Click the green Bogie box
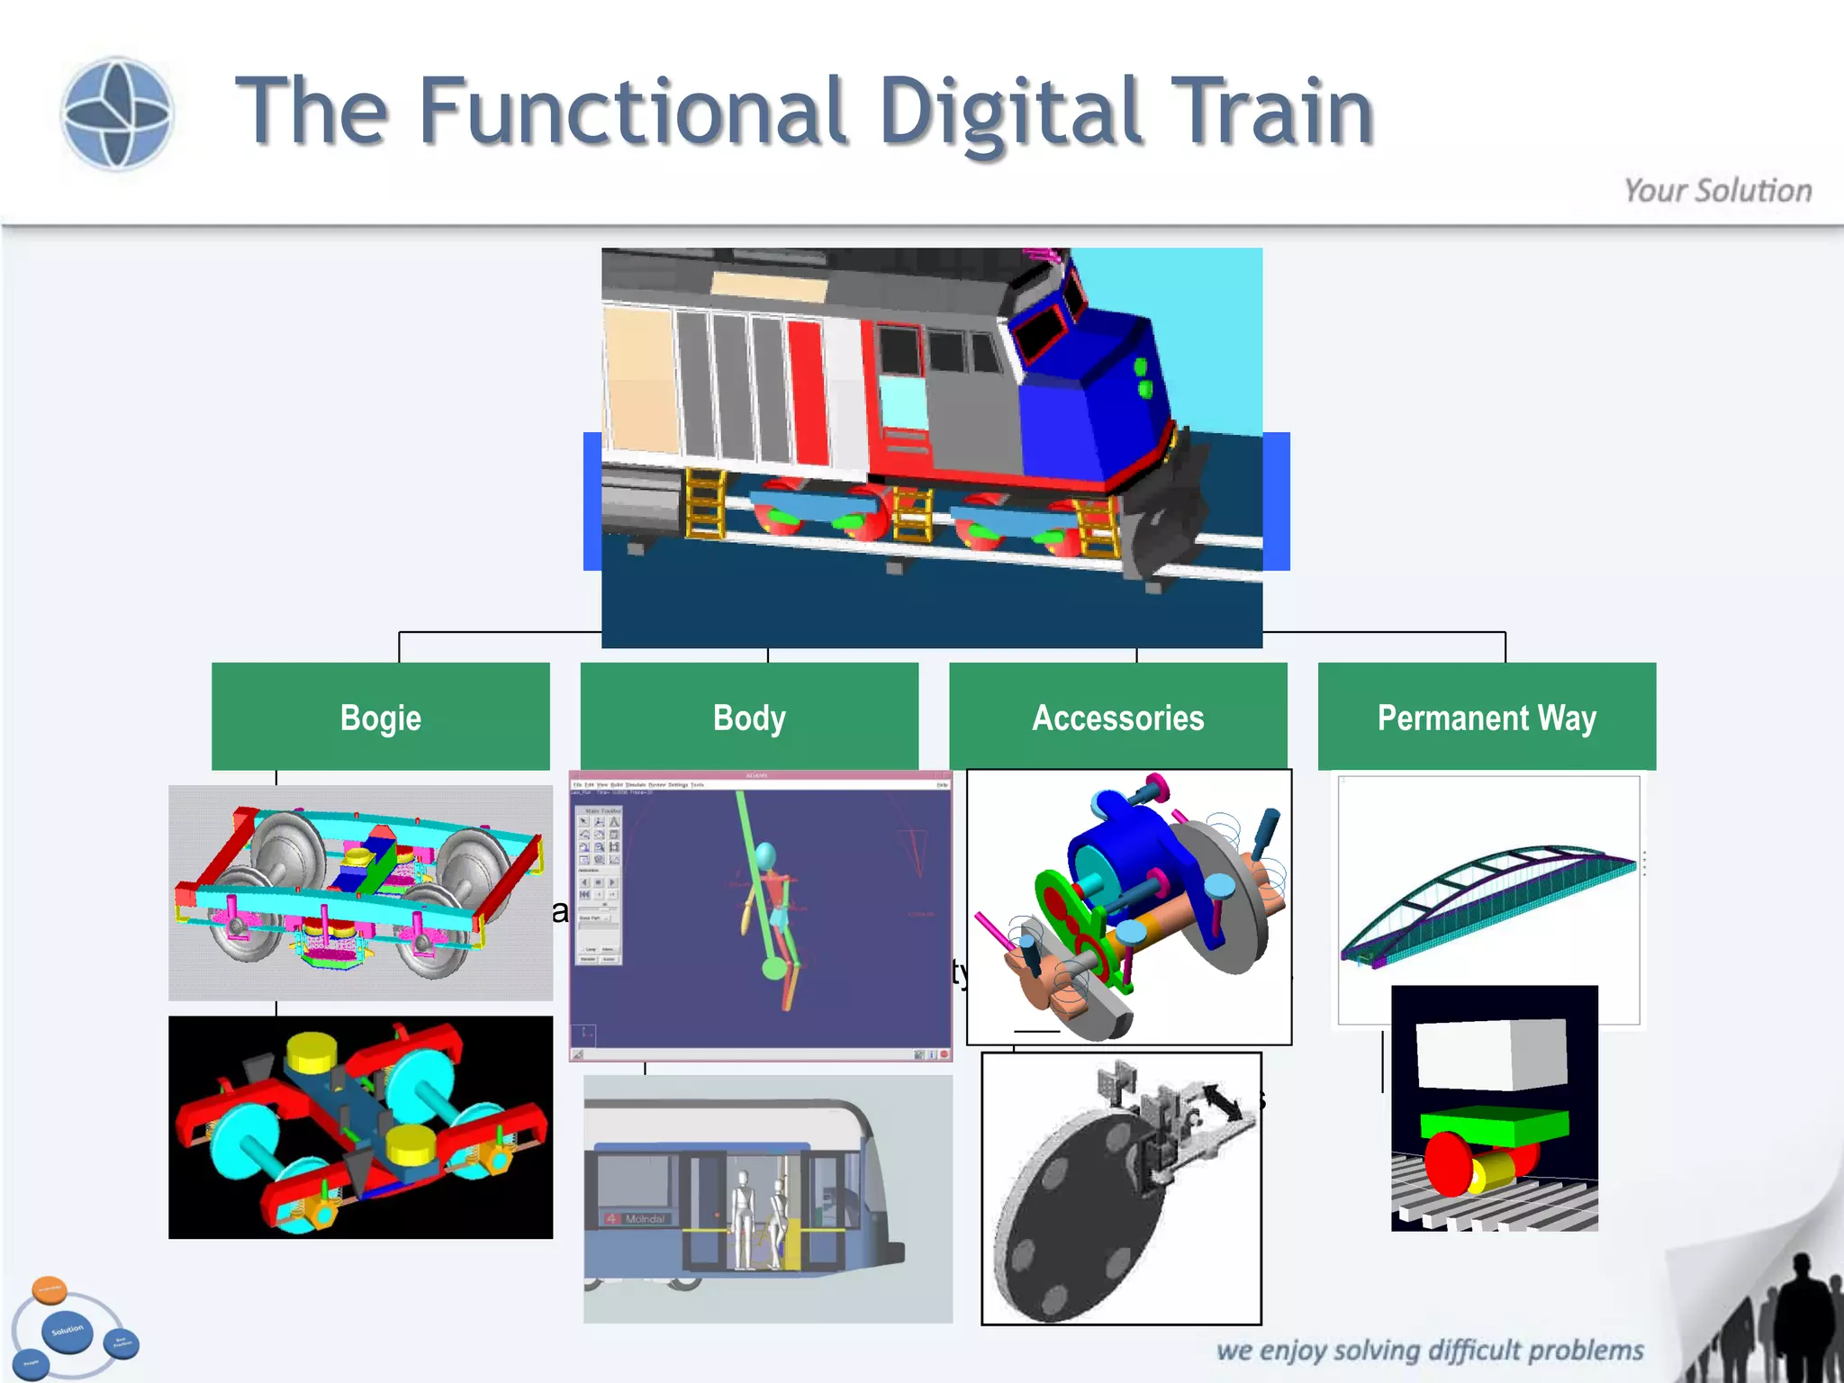click(x=380, y=717)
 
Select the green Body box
click(x=749, y=717)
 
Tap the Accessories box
click(x=1117, y=717)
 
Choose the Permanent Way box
click(x=1487, y=717)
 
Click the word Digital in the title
click(x=1010, y=113)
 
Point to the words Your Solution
click(x=1717, y=191)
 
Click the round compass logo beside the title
click(x=116, y=113)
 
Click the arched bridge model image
click(x=1487, y=900)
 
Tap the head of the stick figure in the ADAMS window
click(x=765, y=854)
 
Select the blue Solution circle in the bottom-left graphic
click(x=68, y=1331)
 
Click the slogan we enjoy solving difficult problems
click(x=1429, y=1350)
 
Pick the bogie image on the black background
click(x=360, y=1127)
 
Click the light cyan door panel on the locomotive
click(x=901, y=402)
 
